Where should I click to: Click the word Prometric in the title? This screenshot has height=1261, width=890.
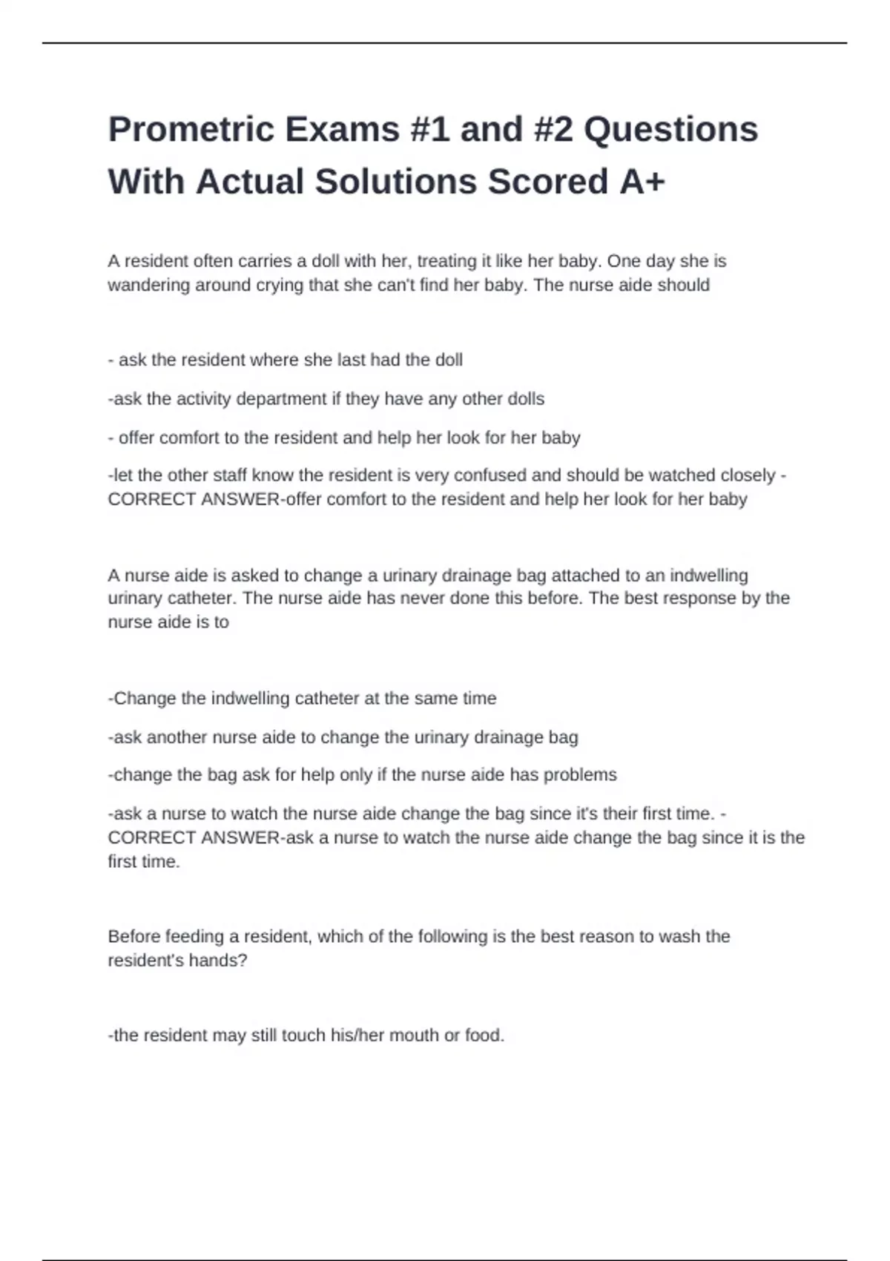[191, 130]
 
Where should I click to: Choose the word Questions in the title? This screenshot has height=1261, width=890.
[670, 130]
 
